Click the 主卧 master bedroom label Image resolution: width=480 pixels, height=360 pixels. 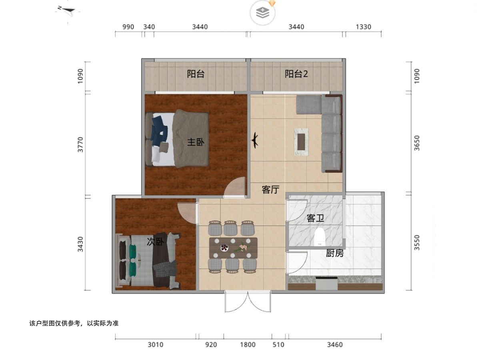(196, 142)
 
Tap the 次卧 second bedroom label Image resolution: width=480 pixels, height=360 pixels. (155, 242)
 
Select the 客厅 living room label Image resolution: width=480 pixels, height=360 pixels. (270, 190)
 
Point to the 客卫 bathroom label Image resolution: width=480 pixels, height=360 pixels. (315, 218)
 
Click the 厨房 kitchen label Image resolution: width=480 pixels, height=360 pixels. (334, 253)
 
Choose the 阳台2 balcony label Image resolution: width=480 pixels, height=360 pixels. (296, 74)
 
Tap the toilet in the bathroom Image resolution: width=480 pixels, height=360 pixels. (320, 236)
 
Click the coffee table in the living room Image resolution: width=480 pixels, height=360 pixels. (301, 142)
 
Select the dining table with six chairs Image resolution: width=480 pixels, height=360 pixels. (233, 248)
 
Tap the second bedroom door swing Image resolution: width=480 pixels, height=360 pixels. (186, 213)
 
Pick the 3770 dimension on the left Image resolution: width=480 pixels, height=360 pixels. (80, 144)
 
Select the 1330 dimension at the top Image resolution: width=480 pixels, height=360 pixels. (364, 27)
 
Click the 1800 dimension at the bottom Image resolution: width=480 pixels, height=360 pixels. (248, 345)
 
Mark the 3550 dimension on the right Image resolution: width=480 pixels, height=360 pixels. (417, 243)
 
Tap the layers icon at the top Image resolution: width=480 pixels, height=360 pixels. (263, 13)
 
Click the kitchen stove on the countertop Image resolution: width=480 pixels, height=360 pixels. (327, 283)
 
